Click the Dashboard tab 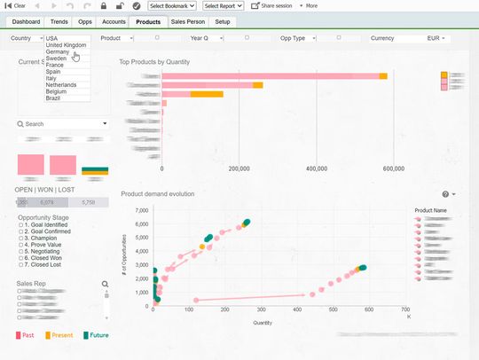(x=27, y=20)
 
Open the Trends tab (x=59, y=20)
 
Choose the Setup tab (x=223, y=20)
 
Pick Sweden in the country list (x=58, y=59)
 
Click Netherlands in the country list (x=67, y=84)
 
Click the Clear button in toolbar (x=16, y=5)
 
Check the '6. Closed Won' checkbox (x=20, y=258)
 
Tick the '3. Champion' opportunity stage (x=20, y=239)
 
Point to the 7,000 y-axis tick (x=139, y=210)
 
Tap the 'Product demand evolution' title (x=157, y=193)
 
